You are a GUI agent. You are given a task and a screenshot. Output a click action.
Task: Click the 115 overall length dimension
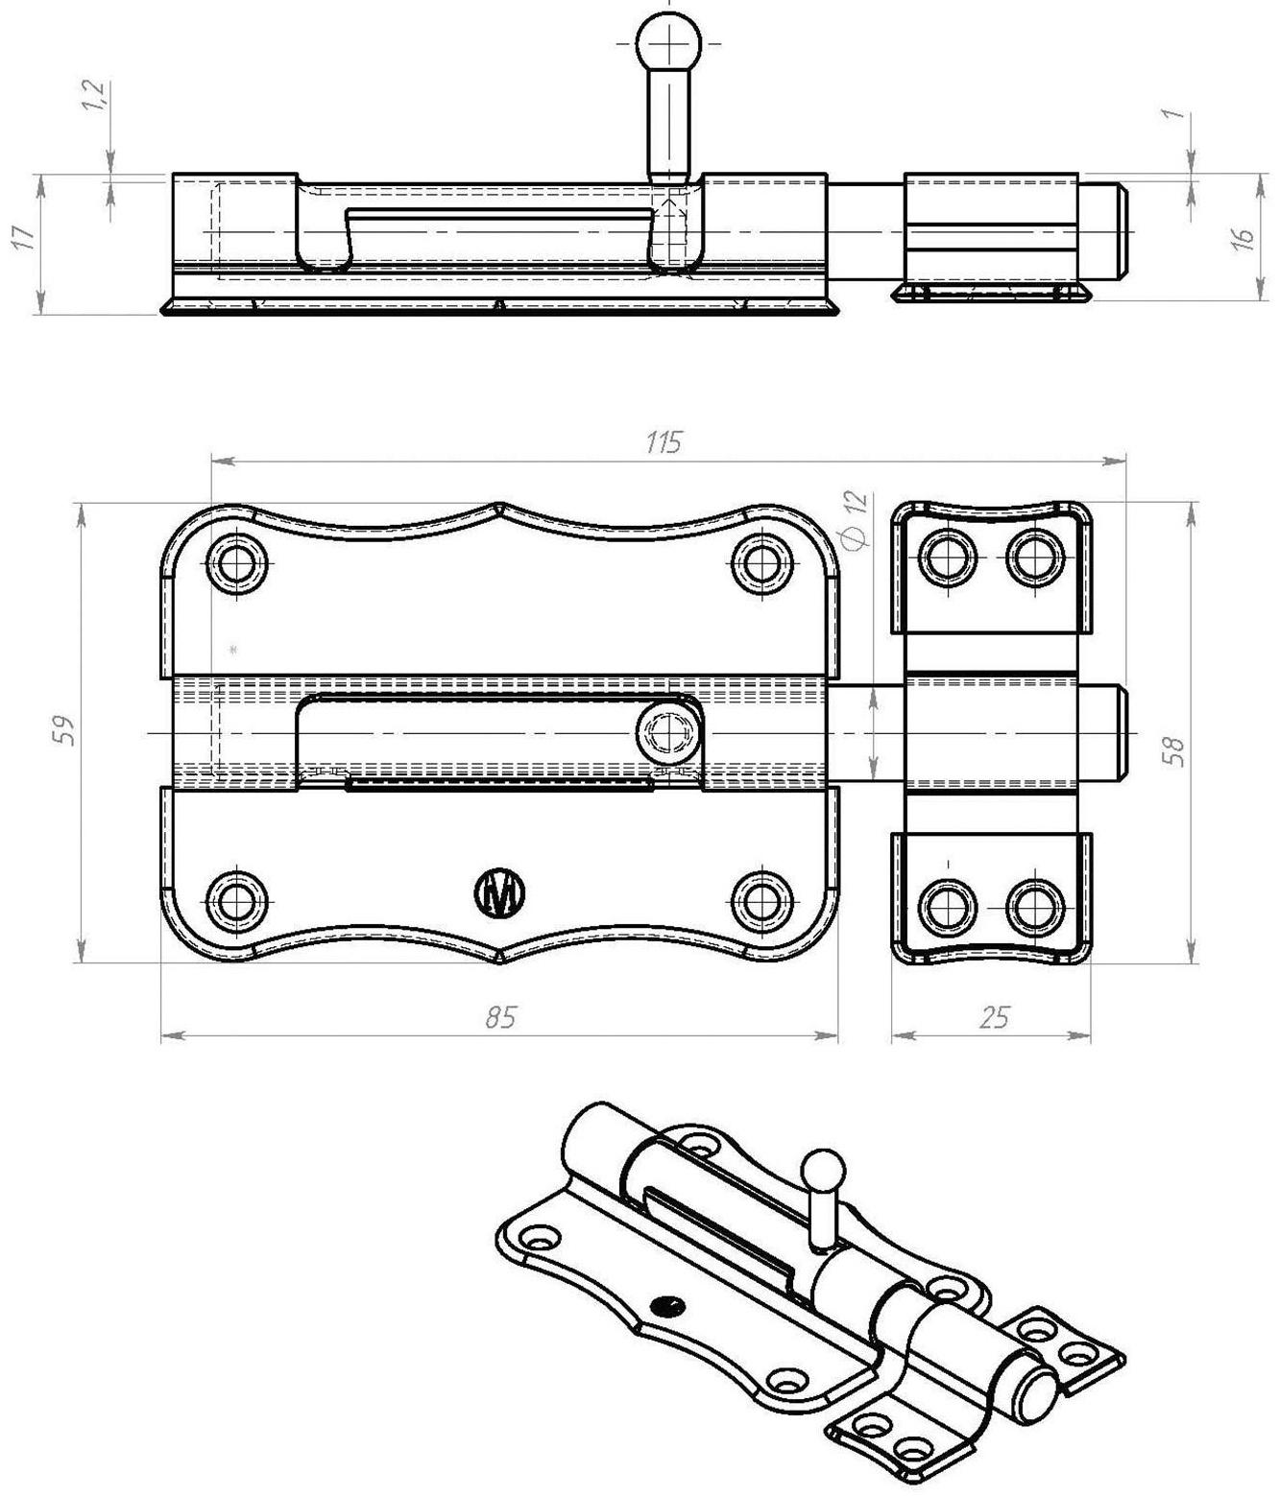tap(664, 442)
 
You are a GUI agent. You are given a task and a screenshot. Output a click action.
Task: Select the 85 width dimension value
tap(499, 1017)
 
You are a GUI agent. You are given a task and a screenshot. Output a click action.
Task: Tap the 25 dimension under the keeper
tap(995, 1017)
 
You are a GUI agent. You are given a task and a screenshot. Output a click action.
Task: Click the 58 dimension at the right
tap(1173, 748)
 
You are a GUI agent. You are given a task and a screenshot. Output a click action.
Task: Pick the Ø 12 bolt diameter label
tap(855, 520)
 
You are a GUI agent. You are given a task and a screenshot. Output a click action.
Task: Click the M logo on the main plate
tap(500, 893)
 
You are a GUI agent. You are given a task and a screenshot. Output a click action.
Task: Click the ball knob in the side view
tap(669, 42)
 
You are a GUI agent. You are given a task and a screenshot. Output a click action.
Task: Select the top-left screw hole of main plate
tap(237, 558)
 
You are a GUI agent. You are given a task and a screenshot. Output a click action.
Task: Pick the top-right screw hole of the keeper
tap(1034, 556)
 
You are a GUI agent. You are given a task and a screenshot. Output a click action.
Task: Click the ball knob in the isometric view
tap(823, 1170)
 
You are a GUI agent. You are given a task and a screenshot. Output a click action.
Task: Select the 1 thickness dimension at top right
tap(1171, 113)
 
